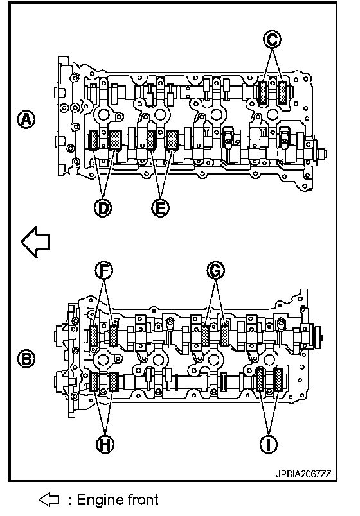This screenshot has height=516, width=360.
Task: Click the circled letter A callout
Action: pos(26,119)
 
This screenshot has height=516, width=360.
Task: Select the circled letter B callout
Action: pos(26,358)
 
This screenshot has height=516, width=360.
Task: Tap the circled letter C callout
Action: pos(272,40)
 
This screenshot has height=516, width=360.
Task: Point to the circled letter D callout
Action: pos(103,208)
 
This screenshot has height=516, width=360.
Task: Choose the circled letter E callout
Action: pos(160,208)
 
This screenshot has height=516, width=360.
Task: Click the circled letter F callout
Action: pos(104,270)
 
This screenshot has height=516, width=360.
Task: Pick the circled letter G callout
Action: pos(215,270)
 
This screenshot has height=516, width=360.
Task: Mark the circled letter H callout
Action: pos(105,445)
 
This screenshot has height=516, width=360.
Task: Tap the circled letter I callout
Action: pos(269,445)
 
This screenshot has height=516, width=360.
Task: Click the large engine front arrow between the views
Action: pos(35,242)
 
